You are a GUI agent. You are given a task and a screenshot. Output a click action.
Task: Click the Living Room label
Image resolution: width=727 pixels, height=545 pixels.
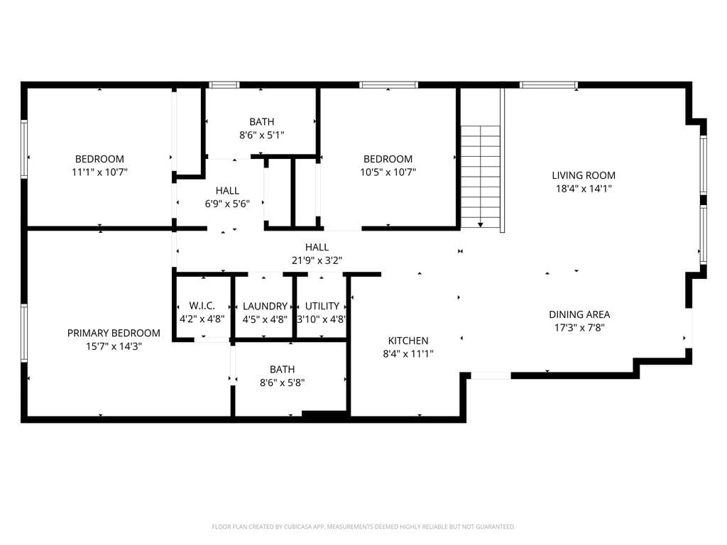tap(584, 175)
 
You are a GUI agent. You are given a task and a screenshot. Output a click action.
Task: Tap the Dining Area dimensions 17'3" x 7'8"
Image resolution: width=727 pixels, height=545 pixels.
tap(579, 328)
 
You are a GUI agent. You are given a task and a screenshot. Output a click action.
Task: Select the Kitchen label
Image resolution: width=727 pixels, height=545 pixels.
tap(408, 341)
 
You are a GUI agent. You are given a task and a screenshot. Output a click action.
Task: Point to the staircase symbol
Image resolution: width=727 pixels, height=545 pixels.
tap(481, 174)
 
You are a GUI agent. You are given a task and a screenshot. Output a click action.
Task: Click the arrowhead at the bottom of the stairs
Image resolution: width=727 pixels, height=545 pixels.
tap(481, 225)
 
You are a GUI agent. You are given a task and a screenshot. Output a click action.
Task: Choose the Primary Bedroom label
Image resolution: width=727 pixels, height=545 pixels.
tap(114, 333)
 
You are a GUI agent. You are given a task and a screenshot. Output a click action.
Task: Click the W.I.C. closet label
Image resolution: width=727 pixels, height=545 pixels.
tap(202, 306)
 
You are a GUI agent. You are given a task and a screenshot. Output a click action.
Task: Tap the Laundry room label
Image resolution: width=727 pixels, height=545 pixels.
tap(265, 306)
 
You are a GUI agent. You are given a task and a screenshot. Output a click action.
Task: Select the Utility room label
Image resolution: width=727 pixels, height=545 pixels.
tap(322, 306)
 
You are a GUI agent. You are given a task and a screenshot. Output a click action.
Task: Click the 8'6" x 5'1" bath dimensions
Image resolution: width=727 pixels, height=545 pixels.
tap(261, 135)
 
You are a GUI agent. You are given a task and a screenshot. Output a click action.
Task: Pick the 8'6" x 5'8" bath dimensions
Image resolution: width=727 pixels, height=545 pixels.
tap(282, 382)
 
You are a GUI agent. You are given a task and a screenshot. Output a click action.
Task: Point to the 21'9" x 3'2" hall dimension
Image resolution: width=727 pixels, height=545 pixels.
tap(317, 260)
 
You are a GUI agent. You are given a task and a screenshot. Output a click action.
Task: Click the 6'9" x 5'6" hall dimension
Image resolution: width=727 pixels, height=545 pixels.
tap(227, 204)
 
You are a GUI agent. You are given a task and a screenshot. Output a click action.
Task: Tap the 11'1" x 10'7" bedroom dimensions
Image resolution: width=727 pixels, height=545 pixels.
tap(99, 172)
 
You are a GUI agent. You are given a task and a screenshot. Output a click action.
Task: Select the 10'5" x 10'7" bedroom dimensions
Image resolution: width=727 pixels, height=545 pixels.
tap(388, 172)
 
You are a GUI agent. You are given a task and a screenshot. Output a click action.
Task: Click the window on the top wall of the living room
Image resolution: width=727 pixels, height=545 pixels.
tap(548, 85)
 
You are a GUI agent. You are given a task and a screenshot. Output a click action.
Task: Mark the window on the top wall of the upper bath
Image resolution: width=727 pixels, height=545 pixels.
tap(224, 85)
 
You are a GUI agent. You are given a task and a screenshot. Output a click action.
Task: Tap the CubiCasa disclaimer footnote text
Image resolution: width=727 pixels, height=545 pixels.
tap(363, 527)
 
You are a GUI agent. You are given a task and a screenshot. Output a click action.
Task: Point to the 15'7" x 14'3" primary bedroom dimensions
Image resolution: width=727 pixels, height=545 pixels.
tap(114, 346)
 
